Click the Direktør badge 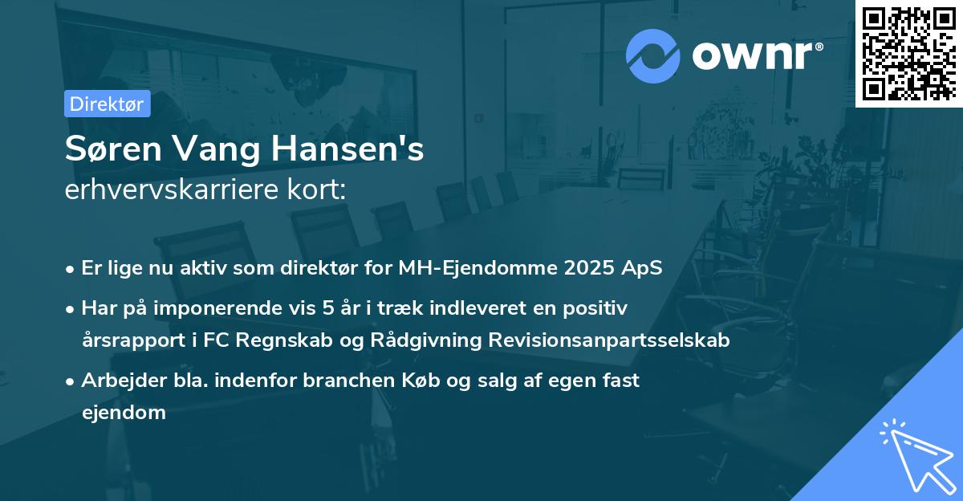(107, 104)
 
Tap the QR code (908, 53)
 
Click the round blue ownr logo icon (653, 55)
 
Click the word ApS (643, 268)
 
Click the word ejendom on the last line (124, 413)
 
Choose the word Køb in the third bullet (425, 380)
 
